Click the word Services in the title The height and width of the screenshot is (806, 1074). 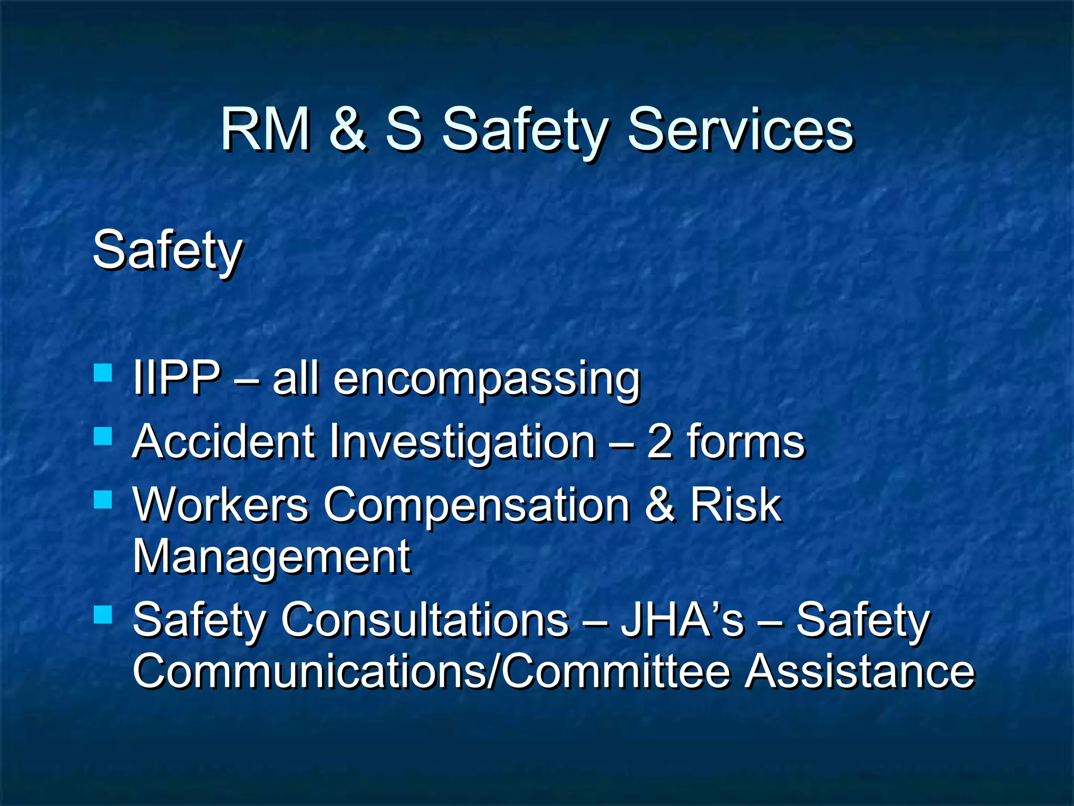[x=740, y=129]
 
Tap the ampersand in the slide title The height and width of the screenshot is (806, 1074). [x=348, y=129]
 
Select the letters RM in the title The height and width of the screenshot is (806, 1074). [x=265, y=129]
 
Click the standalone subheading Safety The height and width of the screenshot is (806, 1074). [x=167, y=251]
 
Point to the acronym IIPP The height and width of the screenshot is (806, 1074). [x=176, y=377]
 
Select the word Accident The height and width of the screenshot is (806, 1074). [x=223, y=441]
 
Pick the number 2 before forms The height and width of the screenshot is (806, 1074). [x=659, y=441]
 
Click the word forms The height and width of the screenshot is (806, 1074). [x=745, y=441]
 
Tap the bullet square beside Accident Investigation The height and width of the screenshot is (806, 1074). [x=103, y=436]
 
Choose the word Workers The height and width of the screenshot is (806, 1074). [x=221, y=504]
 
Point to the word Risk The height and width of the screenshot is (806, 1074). [x=735, y=504]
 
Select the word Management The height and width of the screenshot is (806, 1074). [x=271, y=558]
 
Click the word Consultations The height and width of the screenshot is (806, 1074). [x=425, y=620]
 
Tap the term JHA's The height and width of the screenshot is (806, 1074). [x=682, y=620]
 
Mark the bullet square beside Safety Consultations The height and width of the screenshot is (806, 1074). [x=103, y=614]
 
